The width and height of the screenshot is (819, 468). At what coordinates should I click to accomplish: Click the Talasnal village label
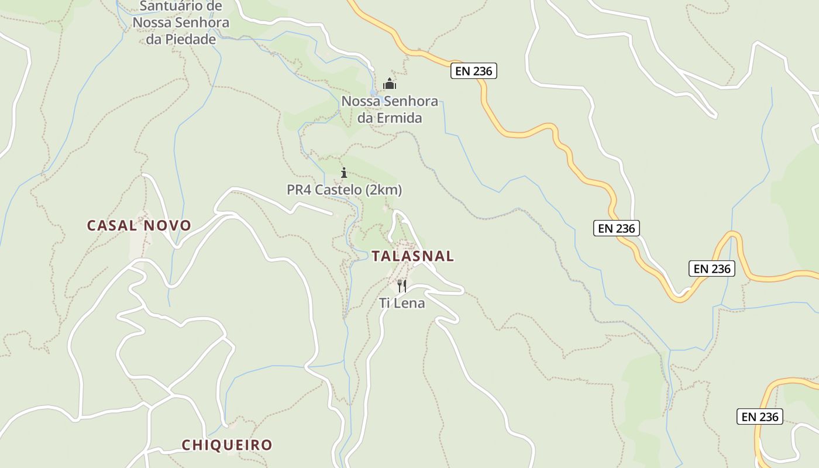click(412, 256)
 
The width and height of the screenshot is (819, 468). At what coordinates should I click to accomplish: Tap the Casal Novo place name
click(139, 225)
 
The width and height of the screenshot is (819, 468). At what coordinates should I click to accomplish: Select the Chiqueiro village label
click(227, 445)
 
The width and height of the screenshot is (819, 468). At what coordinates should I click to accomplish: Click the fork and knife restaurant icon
click(402, 285)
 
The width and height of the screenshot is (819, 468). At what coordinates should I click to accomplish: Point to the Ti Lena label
click(402, 303)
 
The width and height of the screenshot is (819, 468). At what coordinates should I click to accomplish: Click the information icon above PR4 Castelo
click(344, 173)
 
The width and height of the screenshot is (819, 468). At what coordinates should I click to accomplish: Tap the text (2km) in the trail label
click(384, 190)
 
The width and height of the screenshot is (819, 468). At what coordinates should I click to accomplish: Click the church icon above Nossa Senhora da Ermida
click(390, 84)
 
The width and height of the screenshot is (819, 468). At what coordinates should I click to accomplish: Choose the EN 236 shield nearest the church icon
click(474, 71)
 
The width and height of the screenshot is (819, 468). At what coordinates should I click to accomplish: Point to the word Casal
click(112, 225)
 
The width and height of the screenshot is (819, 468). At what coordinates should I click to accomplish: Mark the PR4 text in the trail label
click(298, 190)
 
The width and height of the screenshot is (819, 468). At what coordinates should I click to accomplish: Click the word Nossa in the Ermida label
click(359, 101)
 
